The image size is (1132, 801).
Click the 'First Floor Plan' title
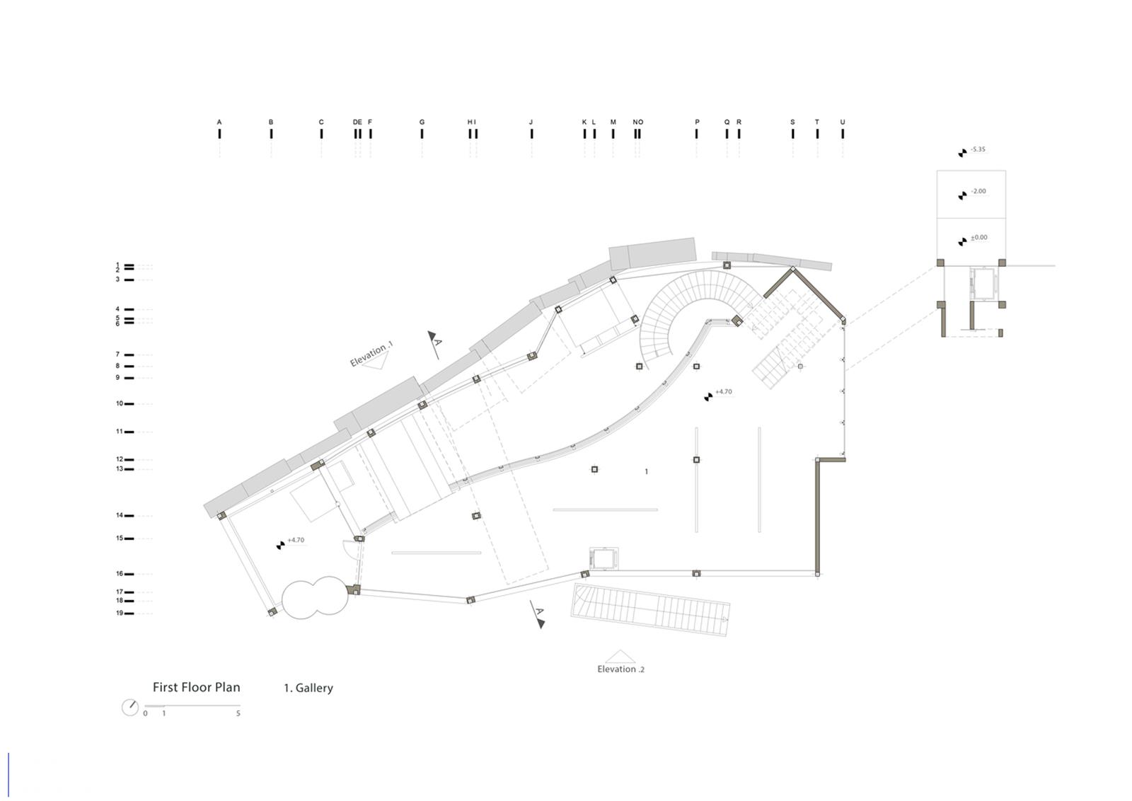(x=196, y=687)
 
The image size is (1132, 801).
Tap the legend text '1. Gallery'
(x=308, y=688)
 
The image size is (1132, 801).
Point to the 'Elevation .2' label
(x=620, y=669)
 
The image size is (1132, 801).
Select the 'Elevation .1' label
(x=371, y=354)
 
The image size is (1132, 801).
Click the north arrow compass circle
(x=130, y=707)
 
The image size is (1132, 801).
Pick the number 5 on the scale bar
(x=238, y=713)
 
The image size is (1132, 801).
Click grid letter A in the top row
(x=219, y=122)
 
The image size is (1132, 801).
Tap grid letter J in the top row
(x=531, y=122)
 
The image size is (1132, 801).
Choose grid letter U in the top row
(x=843, y=122)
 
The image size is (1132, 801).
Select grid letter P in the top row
(x=697, y=122)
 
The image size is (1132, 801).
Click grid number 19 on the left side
(x=120, y=613)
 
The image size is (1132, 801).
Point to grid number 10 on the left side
(x=120, y=403)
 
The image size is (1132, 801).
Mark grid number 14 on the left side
(x=120, y=515)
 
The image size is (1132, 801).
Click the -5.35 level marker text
(x=978, y=149)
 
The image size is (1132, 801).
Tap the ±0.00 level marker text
(x=979, y=237)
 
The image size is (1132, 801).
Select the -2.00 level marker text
(x=978, y=191)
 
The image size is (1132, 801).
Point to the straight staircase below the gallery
(x=650, y=609)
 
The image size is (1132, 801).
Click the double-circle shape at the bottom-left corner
(x=315, y=597)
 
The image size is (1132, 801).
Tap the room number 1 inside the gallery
(x=647, y=471)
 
